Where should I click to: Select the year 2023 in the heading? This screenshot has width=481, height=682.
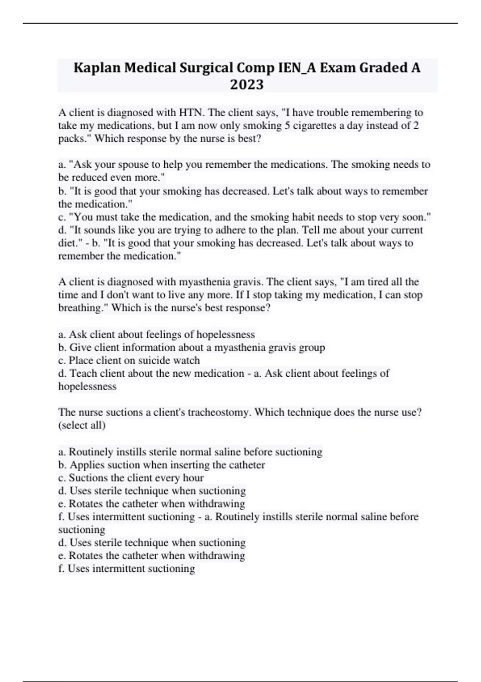click(247, 85)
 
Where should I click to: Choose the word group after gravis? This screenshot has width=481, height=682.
click(312, 347)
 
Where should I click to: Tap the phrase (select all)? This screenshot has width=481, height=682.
click(82, 425)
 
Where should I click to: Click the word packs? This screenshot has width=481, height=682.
click(72, 139)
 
